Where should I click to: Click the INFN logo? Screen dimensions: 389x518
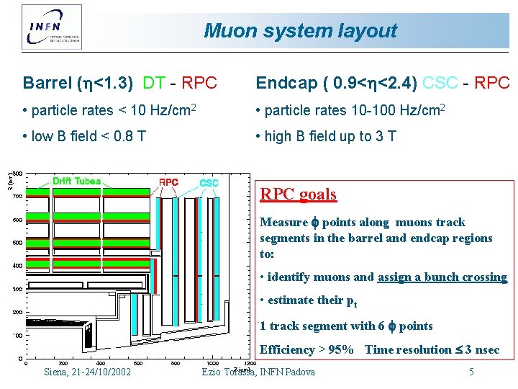51,26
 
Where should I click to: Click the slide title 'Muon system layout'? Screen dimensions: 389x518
300,31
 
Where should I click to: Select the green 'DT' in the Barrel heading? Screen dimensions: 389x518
154,84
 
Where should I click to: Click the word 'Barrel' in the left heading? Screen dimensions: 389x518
47,84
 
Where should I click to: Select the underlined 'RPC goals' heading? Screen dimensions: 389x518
298,194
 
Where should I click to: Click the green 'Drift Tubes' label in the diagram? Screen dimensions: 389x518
77,181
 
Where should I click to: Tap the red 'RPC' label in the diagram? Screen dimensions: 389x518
169,182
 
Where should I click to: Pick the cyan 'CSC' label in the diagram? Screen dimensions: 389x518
209,183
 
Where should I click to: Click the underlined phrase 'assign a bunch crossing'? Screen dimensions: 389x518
442,277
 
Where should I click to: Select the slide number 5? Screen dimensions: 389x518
471,372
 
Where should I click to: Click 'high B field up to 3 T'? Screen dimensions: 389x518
326,137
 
